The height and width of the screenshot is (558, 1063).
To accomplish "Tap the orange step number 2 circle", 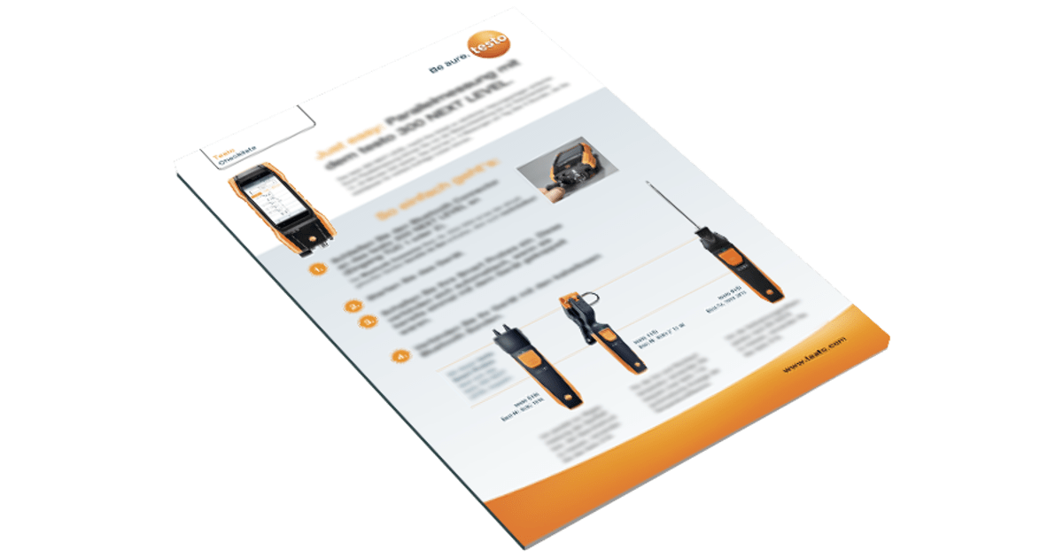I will tap(353, 306).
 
